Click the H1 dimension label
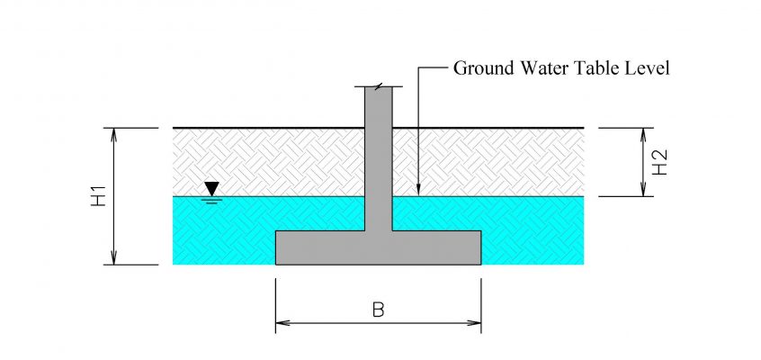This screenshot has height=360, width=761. coord(99,196)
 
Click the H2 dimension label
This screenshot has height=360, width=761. coord(659,162)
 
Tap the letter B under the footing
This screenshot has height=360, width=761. coord(378,310)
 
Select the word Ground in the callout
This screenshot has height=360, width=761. coord(484,68)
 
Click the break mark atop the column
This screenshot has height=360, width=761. coord(379,86)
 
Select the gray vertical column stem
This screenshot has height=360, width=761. coord(379,159)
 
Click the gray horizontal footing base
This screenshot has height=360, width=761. coord(379,247)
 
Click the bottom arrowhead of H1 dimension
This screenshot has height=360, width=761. coord(113,257)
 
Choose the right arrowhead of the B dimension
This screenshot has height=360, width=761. coord(474,322)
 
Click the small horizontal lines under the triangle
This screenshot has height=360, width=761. coord(211,200)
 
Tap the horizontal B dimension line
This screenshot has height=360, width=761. coord(379,322)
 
